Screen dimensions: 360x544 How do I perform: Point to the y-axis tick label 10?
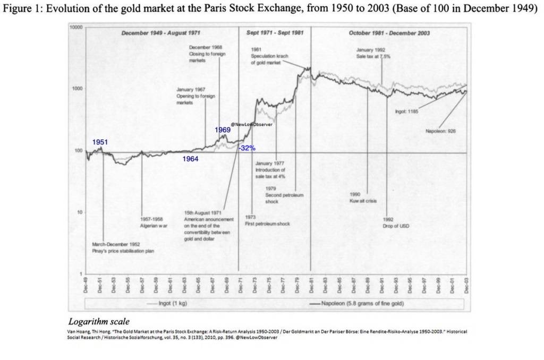(79, 212)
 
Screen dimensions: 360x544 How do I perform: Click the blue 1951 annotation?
(100, 142)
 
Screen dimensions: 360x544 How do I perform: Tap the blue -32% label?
(247, 148)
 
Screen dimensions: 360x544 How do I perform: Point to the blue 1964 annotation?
(190, 159)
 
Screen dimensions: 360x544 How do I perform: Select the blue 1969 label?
(223, 130)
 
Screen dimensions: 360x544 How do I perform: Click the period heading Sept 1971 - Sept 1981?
(275, 33)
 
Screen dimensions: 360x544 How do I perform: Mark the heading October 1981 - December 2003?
(389, 33)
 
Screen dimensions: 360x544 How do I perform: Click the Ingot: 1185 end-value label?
(407, 112)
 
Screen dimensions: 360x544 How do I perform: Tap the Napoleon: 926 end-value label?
(440, 131)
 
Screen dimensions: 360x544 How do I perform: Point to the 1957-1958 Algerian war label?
(151, 222)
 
